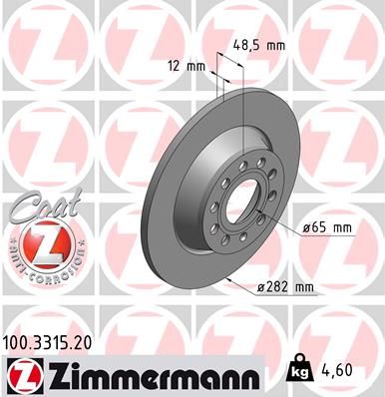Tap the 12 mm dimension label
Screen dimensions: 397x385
click(x=187, y=67)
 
